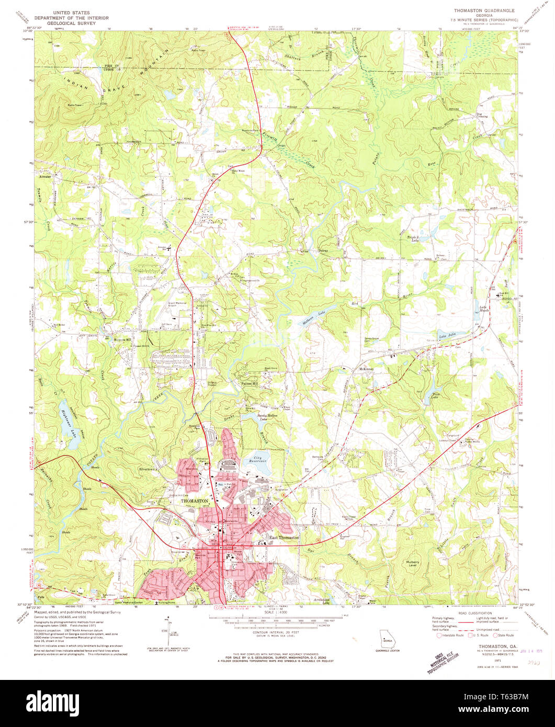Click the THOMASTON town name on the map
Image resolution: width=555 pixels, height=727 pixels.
coord(195,501)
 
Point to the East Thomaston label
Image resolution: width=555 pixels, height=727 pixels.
coord(284,538)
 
